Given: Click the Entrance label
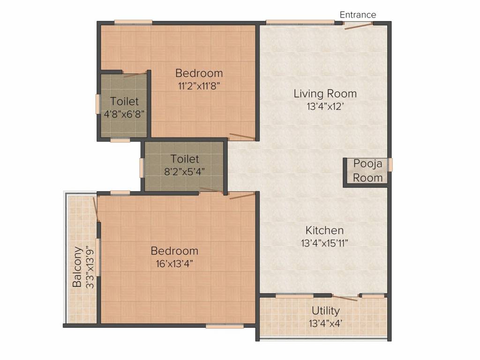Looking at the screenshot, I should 358,15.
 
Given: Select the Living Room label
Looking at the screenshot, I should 325,93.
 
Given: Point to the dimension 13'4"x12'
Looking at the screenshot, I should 325,106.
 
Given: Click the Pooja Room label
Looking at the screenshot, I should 367,171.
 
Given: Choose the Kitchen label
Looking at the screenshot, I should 324,230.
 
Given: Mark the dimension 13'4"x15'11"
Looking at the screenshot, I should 324,243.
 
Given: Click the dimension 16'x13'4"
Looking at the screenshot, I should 174,263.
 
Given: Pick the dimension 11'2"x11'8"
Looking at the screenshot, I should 199,85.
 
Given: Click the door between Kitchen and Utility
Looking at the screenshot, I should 345,297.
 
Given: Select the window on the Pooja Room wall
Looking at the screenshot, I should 390,165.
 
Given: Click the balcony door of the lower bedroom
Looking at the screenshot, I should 96,210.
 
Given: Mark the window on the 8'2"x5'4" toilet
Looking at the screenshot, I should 142,167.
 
